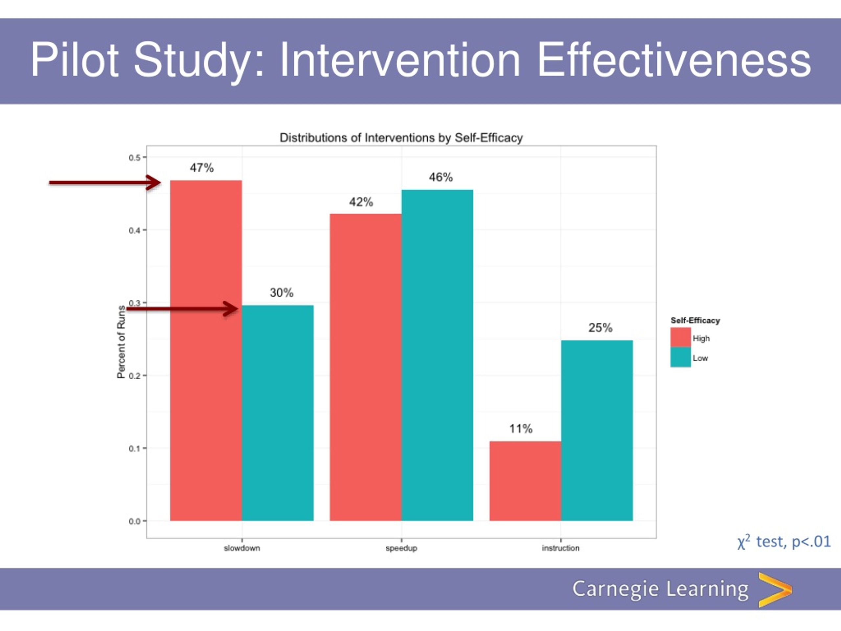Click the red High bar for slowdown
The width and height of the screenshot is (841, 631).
tap(206, 350)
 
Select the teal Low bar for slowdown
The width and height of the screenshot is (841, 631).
tap(278, 413)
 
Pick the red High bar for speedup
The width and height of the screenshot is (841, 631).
tap(365, 367)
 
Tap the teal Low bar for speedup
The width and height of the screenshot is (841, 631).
tap(437, 355)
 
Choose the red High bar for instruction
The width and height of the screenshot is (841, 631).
tap(525, 481)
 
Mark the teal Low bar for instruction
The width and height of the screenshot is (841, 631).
tap(597, 431)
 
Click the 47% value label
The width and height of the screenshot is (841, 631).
tap(202, 168)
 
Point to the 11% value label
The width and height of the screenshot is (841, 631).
tap(521, 429)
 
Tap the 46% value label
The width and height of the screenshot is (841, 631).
tap(441, 177)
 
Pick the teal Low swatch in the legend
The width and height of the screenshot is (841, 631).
tap(681, 357)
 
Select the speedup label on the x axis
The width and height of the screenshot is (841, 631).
tap(401, 548)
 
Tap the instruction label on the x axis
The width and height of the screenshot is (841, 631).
tap(561, 548)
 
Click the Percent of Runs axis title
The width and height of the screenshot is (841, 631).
tap(121, 342)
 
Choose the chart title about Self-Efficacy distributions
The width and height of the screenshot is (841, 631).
tap(401, 138)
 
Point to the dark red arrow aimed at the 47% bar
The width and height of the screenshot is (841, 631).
tap(105, 183)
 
